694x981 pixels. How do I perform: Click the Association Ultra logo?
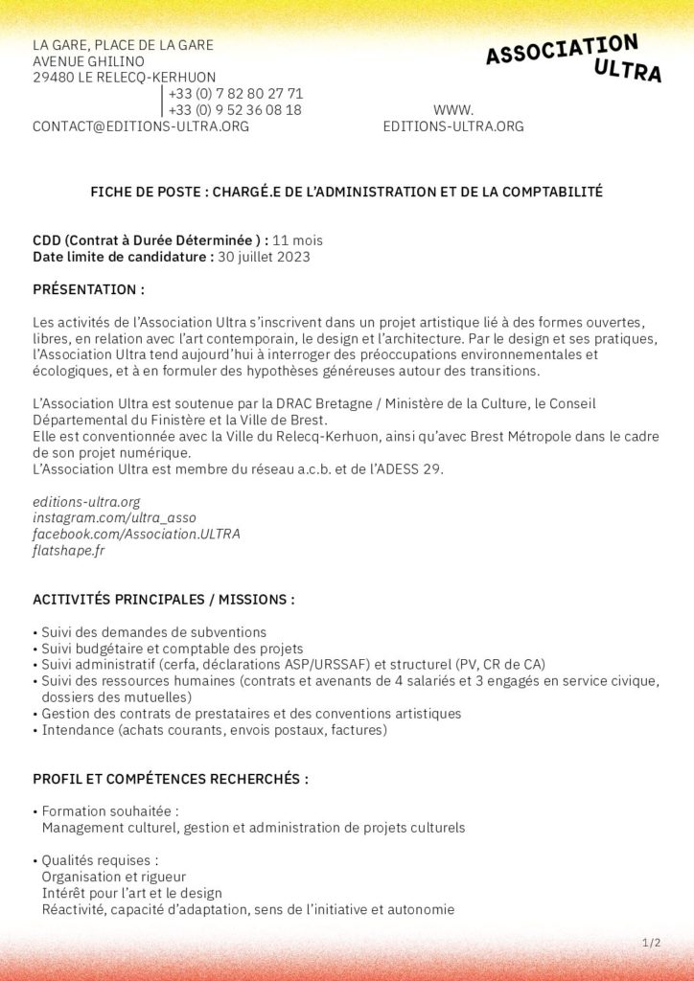pos(573,57)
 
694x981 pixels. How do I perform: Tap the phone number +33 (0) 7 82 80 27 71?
pos(235,94)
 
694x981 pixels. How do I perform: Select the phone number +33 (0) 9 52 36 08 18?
pos(235,110)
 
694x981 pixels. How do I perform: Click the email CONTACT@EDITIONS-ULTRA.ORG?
pos(141,126)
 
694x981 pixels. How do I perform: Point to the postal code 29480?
pos(52,78)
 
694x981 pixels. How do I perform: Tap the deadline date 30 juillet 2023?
pos(264,257)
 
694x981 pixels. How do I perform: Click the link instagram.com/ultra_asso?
pos(114,517)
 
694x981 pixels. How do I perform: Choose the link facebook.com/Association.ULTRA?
pos(136,534)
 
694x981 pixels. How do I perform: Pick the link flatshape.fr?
pos(69,550)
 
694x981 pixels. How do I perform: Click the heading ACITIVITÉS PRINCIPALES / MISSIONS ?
pos(164,600)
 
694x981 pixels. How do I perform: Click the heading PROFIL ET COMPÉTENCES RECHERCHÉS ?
pos(171,779)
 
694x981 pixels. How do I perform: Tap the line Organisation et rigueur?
pos(113,877)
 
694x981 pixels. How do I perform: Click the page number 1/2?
pos(651,944)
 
